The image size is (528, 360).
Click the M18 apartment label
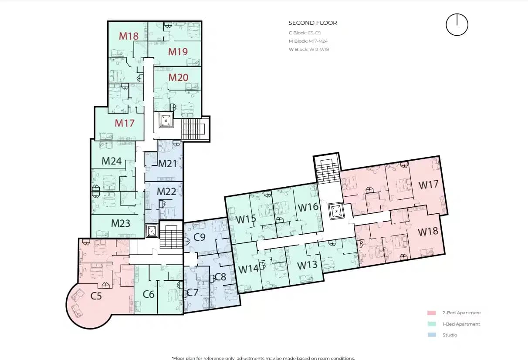[129, 36]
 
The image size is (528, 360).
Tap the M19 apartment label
[178, 52]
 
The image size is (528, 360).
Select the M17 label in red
[125, 123]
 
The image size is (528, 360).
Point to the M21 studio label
[168, 164]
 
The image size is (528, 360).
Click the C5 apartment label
[96, 296]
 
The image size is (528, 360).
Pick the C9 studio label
[200, 237]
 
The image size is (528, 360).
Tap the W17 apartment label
[428, 185]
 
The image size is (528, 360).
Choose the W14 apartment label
[248, 269]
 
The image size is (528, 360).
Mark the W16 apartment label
[308, 207]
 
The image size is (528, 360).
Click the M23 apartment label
[121, 224]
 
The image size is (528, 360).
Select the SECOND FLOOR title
[312, 23]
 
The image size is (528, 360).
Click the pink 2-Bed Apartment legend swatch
[431, 313]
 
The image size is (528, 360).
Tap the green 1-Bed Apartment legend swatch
[431, 324]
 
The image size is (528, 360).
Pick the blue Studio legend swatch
[431, 335]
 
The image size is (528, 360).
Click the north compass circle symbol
[457, 25]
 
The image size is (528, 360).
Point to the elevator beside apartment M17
[166, 121]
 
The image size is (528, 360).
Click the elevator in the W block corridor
[336, 211]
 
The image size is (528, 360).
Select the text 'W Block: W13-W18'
[308, 49]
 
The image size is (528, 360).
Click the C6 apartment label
[149, 295]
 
